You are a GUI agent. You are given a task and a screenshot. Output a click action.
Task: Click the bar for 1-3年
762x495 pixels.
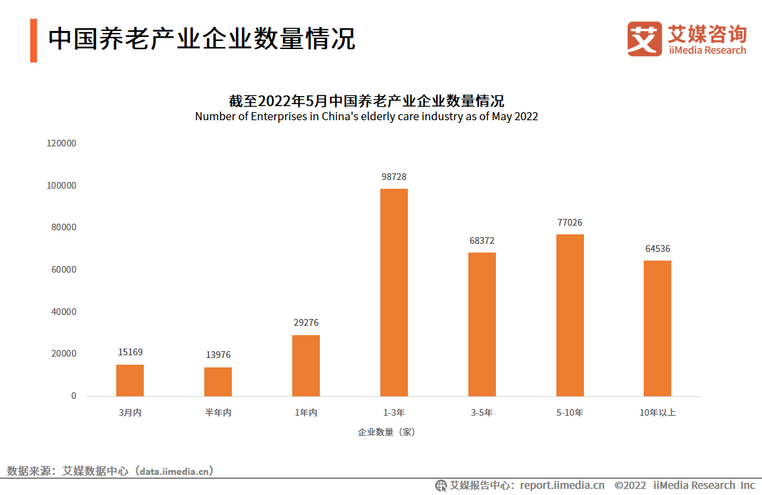click(x=394, y=292)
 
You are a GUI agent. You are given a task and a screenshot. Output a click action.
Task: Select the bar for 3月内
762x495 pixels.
click(x=130, y=380)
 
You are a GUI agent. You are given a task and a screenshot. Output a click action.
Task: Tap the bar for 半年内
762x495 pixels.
click(x=218, y=381)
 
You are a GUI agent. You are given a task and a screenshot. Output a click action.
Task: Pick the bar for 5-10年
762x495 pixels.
click(x=570, y=315)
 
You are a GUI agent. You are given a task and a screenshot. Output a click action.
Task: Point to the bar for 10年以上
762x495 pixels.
click(x=657, y=328)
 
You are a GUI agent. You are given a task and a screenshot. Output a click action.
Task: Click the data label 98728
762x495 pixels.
click(x=394, y=177)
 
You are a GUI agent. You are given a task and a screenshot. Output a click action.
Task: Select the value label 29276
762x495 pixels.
click(x=306, y=323)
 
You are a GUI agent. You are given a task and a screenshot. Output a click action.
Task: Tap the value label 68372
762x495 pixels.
click(x=482, y=240)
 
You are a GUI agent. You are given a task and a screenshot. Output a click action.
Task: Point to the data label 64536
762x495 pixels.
click(x=657, y=249)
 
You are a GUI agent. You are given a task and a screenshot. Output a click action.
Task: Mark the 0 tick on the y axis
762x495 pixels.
click(x=74, y=396)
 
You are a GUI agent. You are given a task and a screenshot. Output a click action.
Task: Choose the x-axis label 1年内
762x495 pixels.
click(x=306, y=412)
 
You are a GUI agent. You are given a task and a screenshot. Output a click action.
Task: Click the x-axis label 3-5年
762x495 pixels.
click(x=482, y=412)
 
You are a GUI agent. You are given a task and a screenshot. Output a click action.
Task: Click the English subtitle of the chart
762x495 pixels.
click(x=366, y=116)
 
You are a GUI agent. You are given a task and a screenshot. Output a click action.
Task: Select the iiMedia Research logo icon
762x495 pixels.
click(x=644, y=38)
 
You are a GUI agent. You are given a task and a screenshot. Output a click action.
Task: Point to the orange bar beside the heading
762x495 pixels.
click(x=34, y=40)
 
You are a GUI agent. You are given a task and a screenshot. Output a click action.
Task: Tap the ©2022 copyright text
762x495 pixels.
click(x=630, y=485)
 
